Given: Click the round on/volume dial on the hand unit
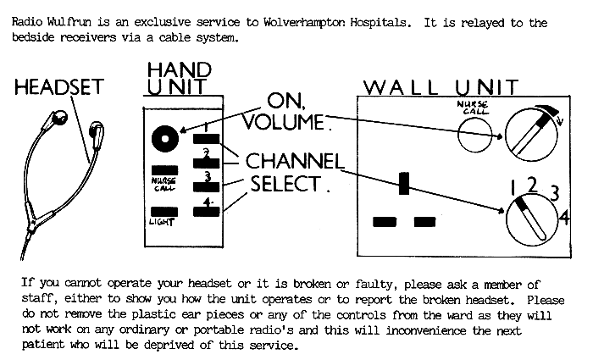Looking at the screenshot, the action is [x=165, y=139].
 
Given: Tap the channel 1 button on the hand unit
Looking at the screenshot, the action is [x=206, y=139].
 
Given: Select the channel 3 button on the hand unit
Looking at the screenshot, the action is [x=206, y=187].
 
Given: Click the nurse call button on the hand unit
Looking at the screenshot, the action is [x=164, y=170].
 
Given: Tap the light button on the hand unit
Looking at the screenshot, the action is [x=164, y=212].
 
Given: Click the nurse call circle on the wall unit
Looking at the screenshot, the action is [x=475, y=134].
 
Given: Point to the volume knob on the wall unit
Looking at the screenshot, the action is [x=531, y=135].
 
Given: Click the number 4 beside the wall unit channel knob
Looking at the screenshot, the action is [x=564, y=219].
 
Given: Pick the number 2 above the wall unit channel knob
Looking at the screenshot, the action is [x=532, y=186].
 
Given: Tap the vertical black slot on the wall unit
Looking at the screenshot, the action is [x=404, y=184].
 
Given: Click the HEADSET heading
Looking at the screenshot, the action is [x=59, y=87].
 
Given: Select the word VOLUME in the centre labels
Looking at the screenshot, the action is [x=283, y=122].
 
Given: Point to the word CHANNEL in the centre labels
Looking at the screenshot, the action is [x=295, y=161].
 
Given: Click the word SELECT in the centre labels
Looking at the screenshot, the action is [x=286, y=184].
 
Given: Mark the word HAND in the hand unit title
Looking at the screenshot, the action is [x=180, y=70].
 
